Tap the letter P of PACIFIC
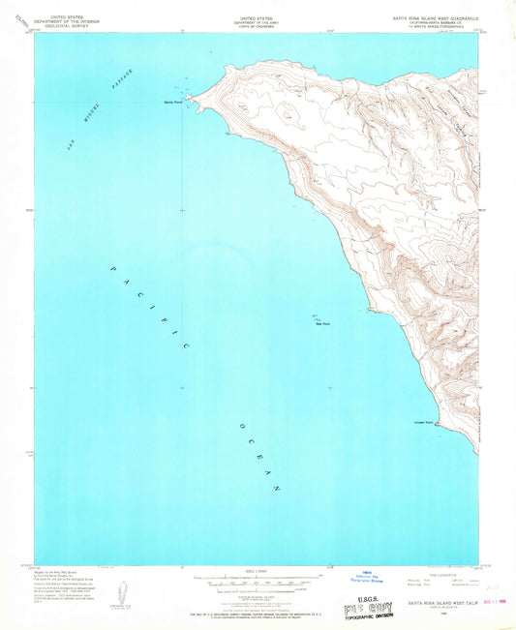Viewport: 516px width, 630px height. (115, 270)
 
